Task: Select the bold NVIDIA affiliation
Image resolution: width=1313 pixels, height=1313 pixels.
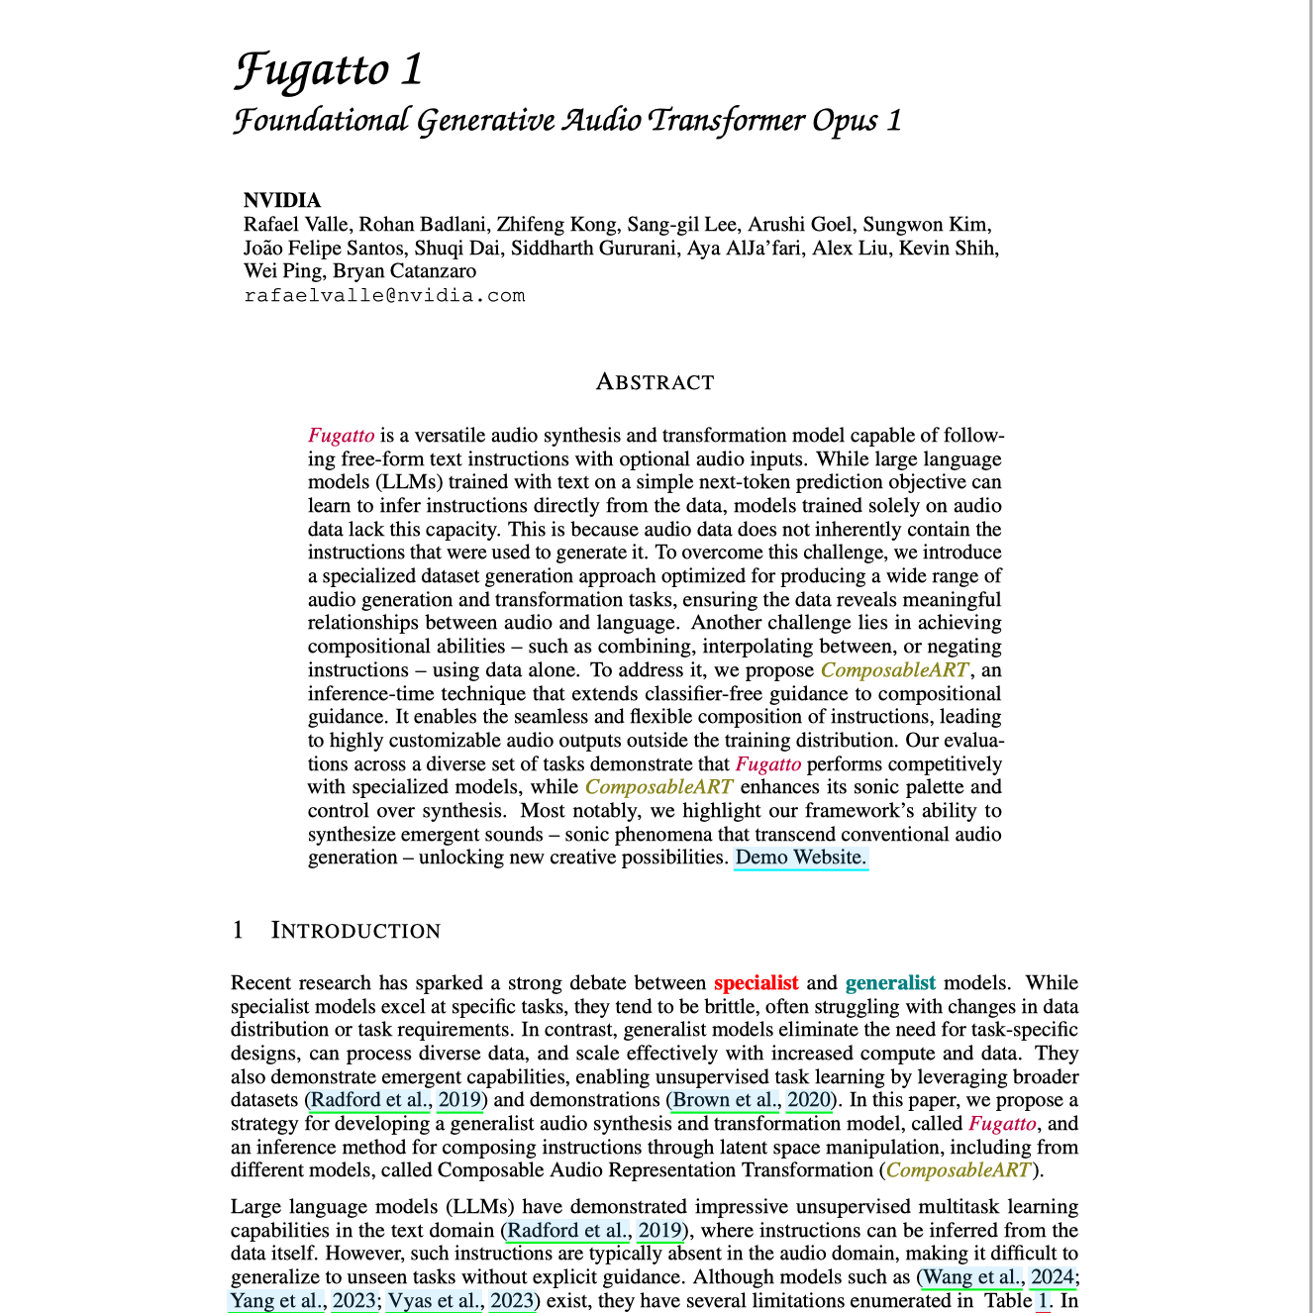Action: pyautogui.click(x=282, y=201)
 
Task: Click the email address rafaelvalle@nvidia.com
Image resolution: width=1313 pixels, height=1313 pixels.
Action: pyautogui.click(x=384, y=295)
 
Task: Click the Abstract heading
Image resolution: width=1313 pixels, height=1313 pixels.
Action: pyautogui.click(x=655, y=382)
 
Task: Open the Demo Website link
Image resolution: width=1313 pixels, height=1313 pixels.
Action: pyautogui.click(x=801, y=858)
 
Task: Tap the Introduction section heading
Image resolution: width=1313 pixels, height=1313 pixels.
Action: pyautogui.click(x=355, y=931)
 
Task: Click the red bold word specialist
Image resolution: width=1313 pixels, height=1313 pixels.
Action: pyautogui.click(x=756, y=983)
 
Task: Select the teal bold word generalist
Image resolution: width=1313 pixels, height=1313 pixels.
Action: pyautogui.click(x=890, y=983)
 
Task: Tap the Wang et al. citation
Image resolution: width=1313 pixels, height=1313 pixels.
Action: pyautogui.click(x=971, y=1278)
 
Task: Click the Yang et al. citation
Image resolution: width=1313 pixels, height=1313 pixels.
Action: pyautogui.click(x=276, y=1301)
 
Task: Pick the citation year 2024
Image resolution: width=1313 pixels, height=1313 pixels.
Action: pyautogui.click(x=1053, y=1278)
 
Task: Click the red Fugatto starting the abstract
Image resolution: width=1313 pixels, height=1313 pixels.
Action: pyautogui.click(x=341, y=436)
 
